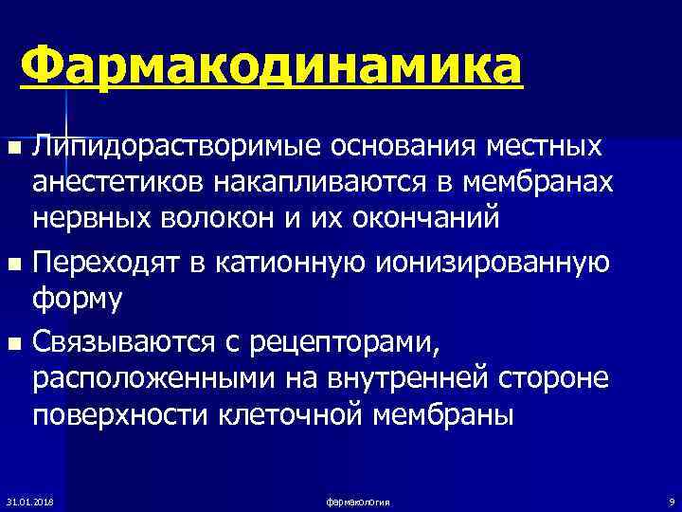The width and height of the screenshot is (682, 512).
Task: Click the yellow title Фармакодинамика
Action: [270, 67]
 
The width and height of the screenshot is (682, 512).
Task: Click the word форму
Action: [78, 296]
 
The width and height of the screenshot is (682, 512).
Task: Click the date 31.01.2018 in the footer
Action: [28, 500]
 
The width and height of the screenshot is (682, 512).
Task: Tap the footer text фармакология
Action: [357, 500]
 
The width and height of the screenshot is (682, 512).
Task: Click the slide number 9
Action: [671, 500]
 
